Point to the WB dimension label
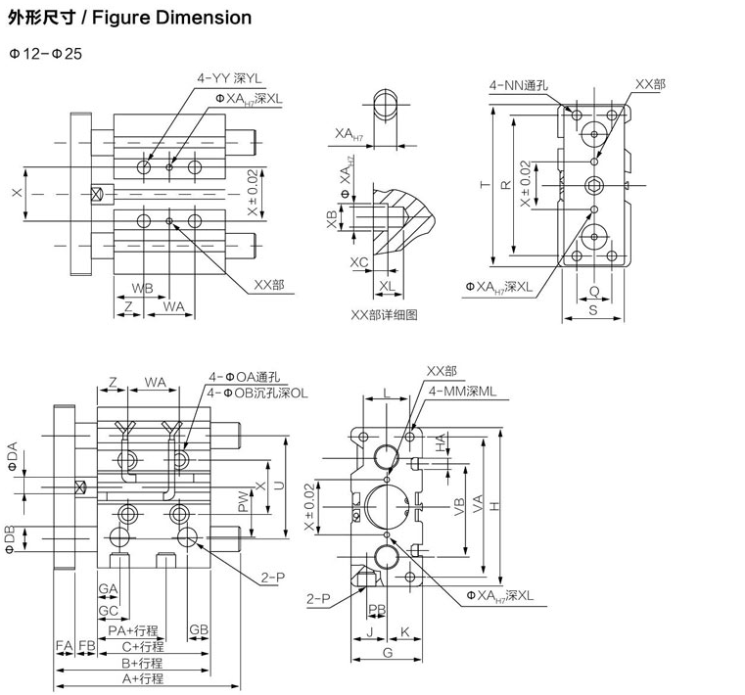(x=142, y=288)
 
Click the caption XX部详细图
(x=385, y=315)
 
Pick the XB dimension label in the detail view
(x=331, y=216)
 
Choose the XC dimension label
(x=358, y=261)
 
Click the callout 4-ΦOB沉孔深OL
(x=256, y=393)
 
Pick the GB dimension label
(x=198, y=628)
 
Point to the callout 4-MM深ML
(x=463, y=391)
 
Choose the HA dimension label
(x=442, y=442)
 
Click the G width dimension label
(x=388, y=652)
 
